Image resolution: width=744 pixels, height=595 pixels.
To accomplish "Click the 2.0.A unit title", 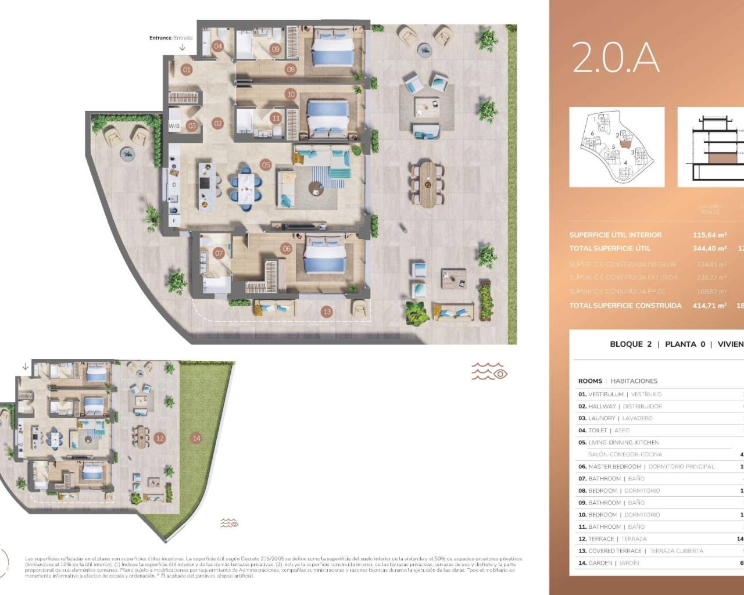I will tap(616, 58).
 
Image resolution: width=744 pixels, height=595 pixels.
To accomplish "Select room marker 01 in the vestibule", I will tap(187, 70).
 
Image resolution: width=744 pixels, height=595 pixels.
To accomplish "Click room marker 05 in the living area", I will tap(266, 165).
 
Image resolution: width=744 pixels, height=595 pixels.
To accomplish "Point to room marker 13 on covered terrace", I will tap(327, 312).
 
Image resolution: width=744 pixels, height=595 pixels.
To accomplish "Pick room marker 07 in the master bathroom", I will tap(219, 253).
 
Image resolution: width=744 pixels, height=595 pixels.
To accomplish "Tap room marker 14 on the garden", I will tap(196, 438).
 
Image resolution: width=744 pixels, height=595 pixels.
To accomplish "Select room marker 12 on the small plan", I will tap(159, 439).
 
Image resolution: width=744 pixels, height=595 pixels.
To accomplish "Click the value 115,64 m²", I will tap(710, 235).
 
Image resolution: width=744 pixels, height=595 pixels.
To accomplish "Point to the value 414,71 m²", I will tap(710, 306).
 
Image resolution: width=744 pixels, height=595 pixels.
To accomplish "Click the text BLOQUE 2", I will tap(630, 344).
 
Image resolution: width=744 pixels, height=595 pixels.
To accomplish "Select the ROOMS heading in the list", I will tap(590, 381).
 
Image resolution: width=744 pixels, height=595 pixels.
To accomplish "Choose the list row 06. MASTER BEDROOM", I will tap(646, 467).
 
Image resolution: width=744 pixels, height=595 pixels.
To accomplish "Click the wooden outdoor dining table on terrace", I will tap(427, 185).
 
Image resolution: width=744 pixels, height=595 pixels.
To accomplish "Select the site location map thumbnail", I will tap(617, 147).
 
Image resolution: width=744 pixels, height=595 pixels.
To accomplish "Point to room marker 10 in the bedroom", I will tap(291, 94).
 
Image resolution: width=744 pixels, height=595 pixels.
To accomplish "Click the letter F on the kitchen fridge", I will tap(173, 221).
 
